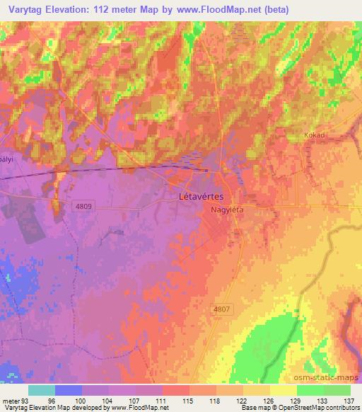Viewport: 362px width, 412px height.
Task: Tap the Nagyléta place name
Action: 226,210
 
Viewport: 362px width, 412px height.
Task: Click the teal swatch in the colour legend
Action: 42,390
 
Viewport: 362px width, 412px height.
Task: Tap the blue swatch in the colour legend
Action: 68,390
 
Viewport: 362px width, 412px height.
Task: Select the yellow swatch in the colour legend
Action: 283,390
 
